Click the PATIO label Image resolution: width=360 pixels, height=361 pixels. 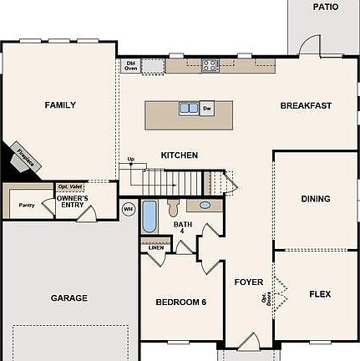[x=325, y=7]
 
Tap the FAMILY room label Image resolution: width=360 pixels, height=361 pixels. [x=60, y=105]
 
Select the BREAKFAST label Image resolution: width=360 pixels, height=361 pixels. [x=306, y=105]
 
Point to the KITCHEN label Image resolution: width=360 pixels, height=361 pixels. [x=179, y=155]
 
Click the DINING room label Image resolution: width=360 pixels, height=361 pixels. [x=316, y=199]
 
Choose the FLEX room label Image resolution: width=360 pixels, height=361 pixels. [x=320, y=294]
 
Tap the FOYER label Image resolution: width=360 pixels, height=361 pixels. [x=248, y=282]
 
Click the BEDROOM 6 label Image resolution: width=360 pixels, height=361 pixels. [x=180, y=302]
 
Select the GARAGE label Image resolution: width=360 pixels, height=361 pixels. [x=68, y=297]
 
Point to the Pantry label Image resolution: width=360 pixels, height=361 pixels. [x=27, y=205]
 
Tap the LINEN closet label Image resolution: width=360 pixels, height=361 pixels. [x=156, y=247]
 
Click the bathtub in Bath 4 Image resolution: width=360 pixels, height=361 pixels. [x=150, y=217]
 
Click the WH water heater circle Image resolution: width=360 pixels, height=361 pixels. [x=128, y=208]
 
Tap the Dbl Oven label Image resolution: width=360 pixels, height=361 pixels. [x=130, y=64]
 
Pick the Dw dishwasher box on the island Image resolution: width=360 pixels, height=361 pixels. [x=207, y=107]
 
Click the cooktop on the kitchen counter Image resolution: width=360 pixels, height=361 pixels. [x=210, y=64]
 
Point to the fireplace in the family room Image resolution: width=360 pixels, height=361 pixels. [x=23, y=159]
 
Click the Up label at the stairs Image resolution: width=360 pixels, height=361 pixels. [x=130, y=159]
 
